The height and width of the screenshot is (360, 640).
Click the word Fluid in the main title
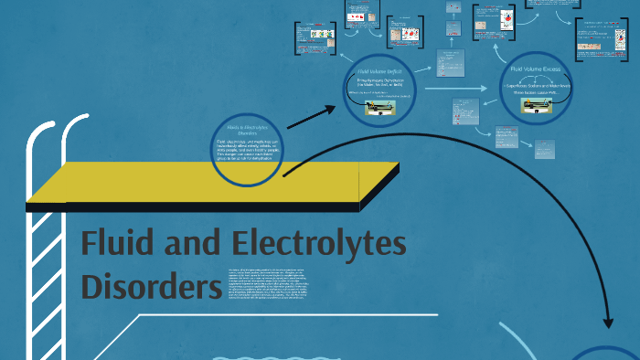117,246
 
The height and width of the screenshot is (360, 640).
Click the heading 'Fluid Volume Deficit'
380,69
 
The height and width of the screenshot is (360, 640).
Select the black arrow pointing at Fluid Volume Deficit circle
311,117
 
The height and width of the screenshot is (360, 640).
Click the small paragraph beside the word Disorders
279,285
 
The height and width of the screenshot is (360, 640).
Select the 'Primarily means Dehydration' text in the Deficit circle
380,84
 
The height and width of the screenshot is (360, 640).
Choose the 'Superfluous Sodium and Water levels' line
537,83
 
